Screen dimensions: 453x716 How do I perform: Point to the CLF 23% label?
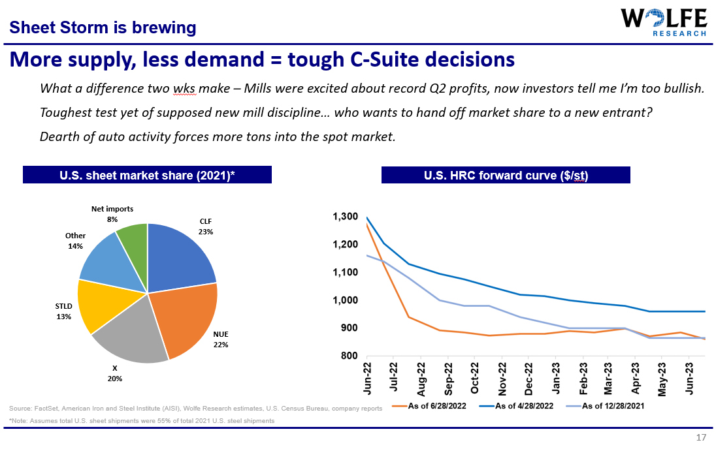coord(206,226)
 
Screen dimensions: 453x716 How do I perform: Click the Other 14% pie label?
coord(75,241)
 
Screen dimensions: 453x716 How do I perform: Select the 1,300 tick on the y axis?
coord(345,217)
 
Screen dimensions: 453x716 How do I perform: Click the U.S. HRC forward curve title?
coord(506,176)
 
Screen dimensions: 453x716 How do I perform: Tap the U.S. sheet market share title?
coord(147,176)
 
